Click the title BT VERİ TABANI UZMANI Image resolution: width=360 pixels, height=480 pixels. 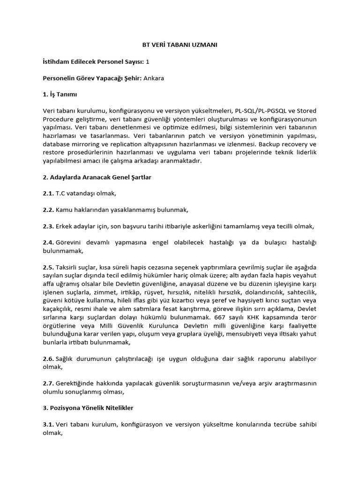coord(180,45)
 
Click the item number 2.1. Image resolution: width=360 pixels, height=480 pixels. coord(48,193)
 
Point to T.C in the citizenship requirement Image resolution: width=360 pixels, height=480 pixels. coord(61,193)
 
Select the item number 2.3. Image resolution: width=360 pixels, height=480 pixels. coord(48,226)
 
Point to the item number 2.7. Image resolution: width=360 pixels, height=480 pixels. coord(48,383)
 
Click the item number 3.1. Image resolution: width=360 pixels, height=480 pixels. coord(48,425)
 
